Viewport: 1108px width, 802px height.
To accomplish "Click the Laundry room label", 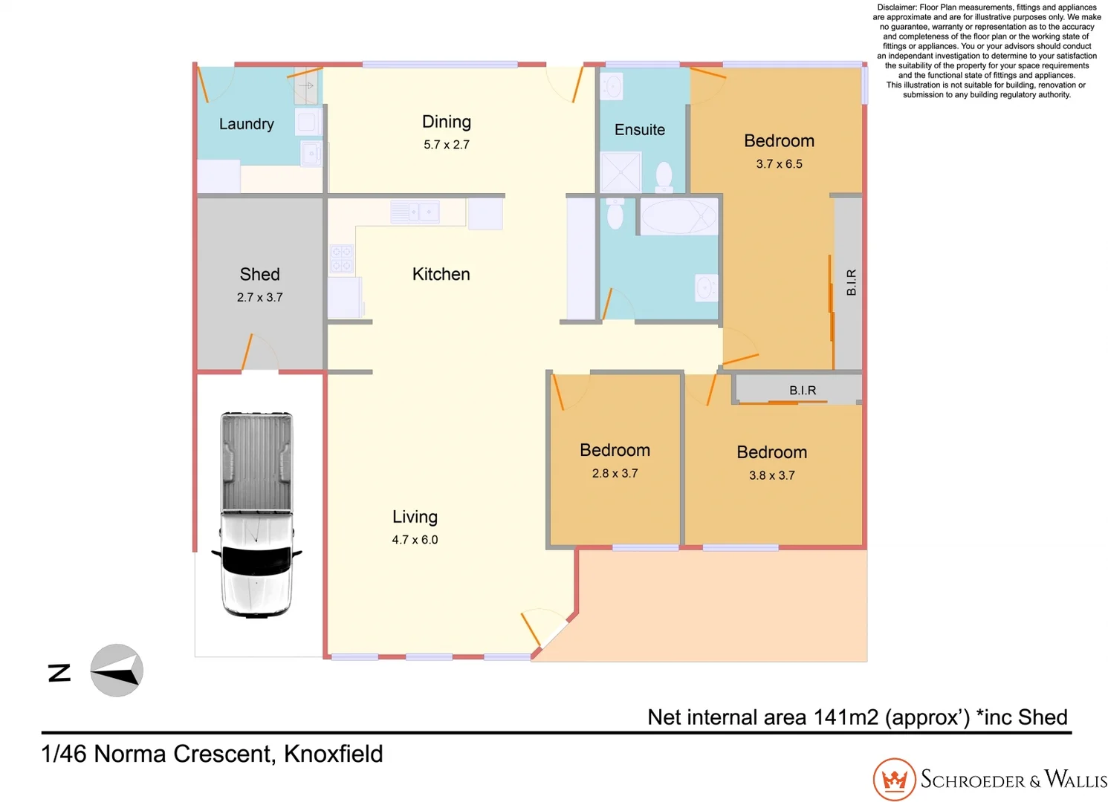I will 246,124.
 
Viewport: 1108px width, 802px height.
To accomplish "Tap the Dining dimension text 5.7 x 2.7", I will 447,145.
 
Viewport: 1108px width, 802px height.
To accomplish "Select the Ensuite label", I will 639,130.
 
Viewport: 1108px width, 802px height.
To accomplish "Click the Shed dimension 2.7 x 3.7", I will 259,297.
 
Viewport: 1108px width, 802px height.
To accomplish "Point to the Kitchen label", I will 441,274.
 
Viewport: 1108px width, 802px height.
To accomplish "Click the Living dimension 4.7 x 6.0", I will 415,540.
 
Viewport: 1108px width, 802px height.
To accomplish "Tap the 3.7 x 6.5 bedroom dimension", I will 779,164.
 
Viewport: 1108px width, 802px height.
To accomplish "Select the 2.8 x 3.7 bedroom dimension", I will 615,473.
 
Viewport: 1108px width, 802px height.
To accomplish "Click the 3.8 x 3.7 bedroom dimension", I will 771,475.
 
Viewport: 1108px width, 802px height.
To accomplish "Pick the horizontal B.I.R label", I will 803,390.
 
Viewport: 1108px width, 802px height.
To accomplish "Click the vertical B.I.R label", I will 852,282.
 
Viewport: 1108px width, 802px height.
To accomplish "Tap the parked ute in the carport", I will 256,514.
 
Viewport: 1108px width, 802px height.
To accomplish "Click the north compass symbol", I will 116,671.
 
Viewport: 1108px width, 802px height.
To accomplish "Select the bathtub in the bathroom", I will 677,217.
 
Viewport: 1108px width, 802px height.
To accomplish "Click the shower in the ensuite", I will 620,172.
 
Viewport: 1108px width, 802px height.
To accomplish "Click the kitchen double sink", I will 415,212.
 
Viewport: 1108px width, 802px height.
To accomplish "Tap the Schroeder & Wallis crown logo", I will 894,780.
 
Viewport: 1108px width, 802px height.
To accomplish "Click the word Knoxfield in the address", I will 333,754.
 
